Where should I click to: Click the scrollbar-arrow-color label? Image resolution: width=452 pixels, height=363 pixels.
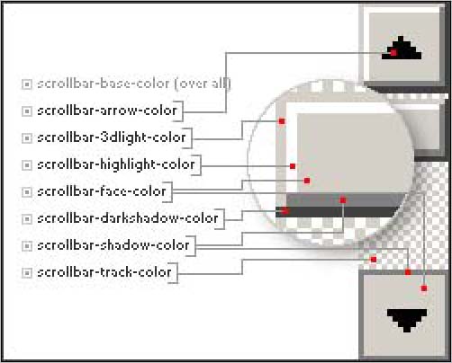click(107, 111)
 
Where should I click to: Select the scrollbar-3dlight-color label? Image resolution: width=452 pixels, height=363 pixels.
click(112, 137)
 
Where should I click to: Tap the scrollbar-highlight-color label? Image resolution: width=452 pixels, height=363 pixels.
click(116, 164)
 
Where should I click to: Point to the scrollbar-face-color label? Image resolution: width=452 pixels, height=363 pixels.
click(102, 191)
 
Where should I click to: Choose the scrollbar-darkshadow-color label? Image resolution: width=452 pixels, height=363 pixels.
click(128, 218)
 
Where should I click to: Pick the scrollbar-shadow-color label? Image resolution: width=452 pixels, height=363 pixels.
click(113, 245)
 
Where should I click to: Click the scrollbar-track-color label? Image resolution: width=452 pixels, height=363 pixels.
click(104, 272)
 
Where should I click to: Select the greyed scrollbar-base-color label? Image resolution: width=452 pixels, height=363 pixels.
click(134, 84)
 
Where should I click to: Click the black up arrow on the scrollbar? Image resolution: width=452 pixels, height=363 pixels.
click(402, 48)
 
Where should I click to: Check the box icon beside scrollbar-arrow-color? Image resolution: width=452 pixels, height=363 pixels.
click(27, 111)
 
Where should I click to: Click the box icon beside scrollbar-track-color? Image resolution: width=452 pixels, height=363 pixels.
click(27, 273)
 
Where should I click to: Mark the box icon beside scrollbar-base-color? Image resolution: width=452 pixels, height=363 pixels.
click(27, 84)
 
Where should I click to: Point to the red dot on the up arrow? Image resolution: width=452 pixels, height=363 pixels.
click(393, 53)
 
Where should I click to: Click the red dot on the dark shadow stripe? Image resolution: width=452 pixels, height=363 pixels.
click(285, 211)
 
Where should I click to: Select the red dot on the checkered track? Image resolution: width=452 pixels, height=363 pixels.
click(374, 260)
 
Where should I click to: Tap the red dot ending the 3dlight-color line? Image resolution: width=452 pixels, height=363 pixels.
click(282, 121)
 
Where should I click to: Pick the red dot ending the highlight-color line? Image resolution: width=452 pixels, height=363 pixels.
click(293, 166)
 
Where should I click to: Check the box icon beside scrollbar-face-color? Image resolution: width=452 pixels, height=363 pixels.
click(27, 192)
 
